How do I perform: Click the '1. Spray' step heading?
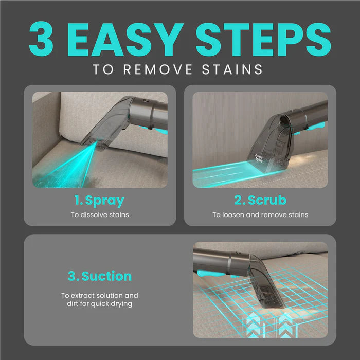click(x=100, y=200)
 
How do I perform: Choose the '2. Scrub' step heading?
click(x=260, y=200)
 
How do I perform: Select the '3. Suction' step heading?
click(x=100, y=276)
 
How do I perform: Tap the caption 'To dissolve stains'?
click(x=100, y=214)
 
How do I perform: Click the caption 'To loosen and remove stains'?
click(x=260, y=214)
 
